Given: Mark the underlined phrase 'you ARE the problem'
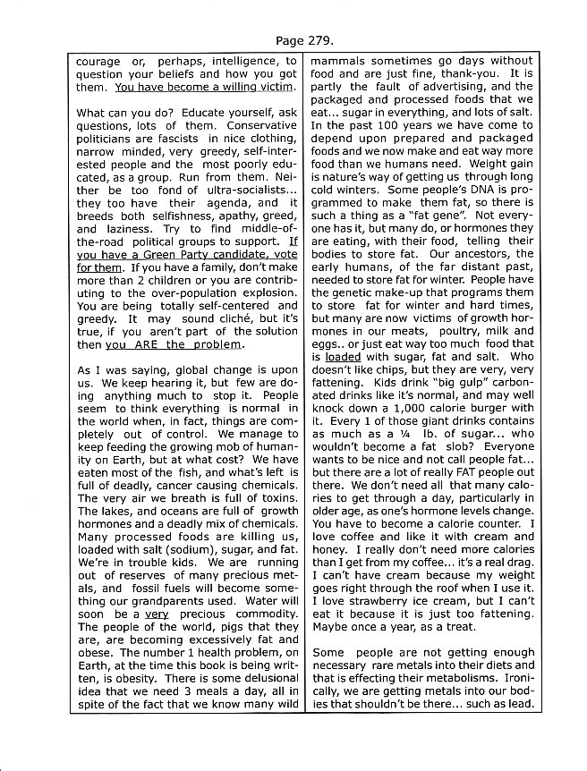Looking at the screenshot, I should coord(173,344).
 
